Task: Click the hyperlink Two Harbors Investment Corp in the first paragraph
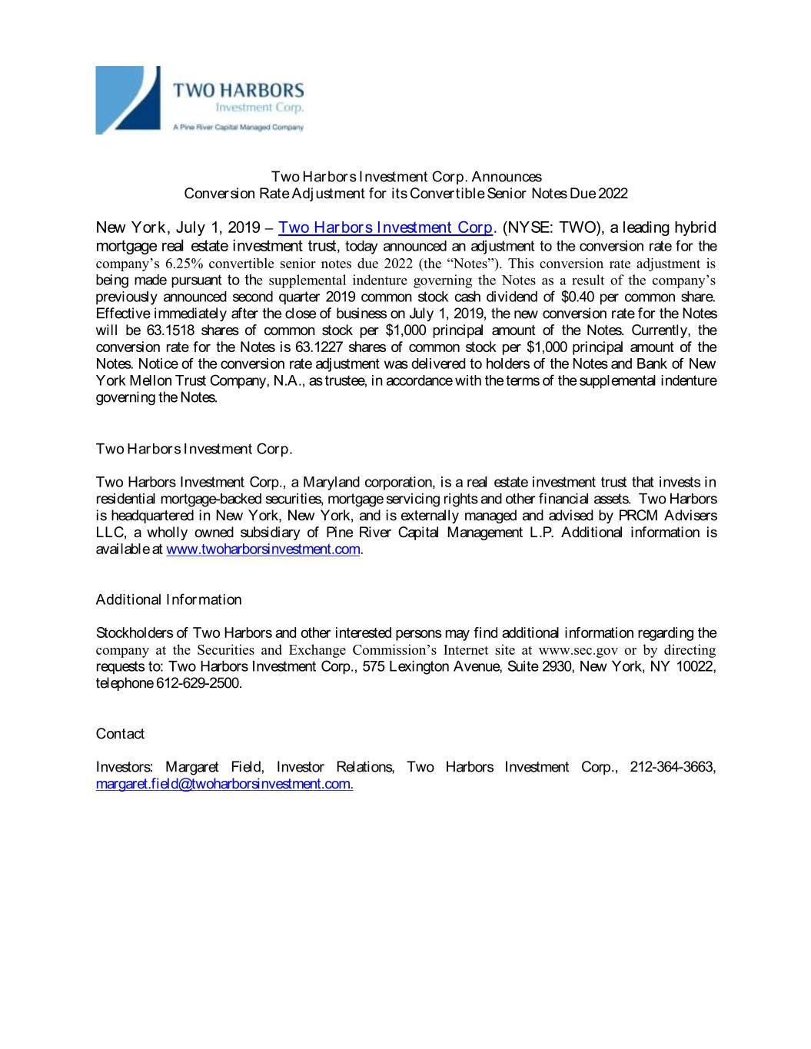(384, 227)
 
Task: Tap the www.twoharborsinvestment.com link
(263, 549)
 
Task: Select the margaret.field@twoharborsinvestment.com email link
(224, 784)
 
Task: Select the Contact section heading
(120, 734)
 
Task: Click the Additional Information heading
(168, 599)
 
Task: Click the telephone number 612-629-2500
(198, 683)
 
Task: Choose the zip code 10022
(696, 666)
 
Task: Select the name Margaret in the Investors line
(192, 767)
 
